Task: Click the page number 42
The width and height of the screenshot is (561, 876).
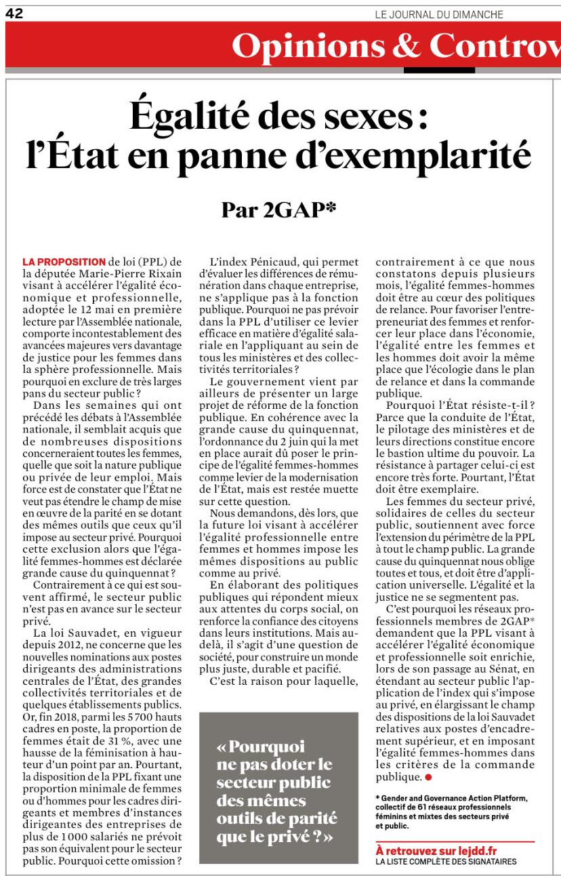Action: (x=15, y=14)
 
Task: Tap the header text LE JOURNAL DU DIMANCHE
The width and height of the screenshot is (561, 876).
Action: (x=439, y=14)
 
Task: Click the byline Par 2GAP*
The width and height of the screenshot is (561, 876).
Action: (x=279, y=210)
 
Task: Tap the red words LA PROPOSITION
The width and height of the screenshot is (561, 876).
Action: (x=64, y=262)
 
